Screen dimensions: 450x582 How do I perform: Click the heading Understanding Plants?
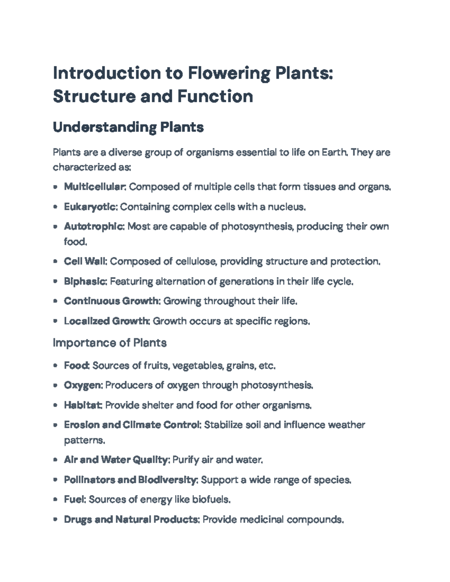pyautogui.click(x=128, y=127)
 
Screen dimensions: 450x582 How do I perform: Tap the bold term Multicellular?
pyautogui.click(x=95, y=187)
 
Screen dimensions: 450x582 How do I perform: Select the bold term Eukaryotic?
pyautogui.click(x=91, y=206)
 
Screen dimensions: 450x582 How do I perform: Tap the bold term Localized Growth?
pyautogui.click(x=107, y=321)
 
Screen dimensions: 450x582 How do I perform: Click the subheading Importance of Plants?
pyautogui.click(x=110, y=343)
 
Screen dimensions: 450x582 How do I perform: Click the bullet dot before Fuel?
pyautogui.click(x=55, y=500)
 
